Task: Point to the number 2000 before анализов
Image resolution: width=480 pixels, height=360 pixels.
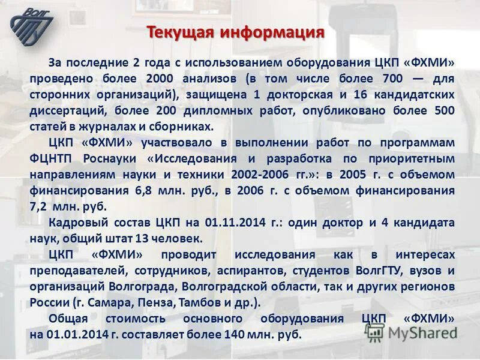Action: pos(158,79)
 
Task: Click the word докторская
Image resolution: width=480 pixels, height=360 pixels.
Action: pos(299,95)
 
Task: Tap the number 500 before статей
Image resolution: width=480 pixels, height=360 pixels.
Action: pos(442,111)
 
